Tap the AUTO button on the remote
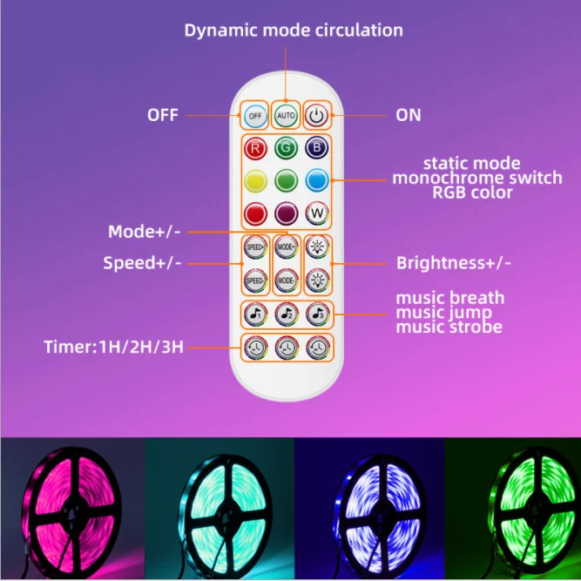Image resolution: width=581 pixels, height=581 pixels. (287, 115)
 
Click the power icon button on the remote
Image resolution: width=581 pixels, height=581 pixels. (317, 115)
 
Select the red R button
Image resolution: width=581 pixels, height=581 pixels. (255, 149)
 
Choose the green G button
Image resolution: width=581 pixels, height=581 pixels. (287, 149)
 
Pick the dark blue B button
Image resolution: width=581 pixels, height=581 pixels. (317, 149)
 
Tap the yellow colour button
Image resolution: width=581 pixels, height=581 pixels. (255, 181)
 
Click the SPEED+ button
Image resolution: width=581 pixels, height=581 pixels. (255, 247)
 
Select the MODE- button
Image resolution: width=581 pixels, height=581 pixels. (287, 280)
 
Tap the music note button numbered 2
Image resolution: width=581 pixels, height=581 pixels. (287, 314)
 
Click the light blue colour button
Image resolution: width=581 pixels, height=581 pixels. (317, 181)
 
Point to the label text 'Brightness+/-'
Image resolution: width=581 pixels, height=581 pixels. (454, 262)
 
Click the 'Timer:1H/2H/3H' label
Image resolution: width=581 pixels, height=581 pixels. (113, 347)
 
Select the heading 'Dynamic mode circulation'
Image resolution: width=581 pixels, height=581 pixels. (294, 30)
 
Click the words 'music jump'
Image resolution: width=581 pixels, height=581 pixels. (443, 313)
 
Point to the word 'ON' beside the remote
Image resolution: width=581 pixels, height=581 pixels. (409, 113)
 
